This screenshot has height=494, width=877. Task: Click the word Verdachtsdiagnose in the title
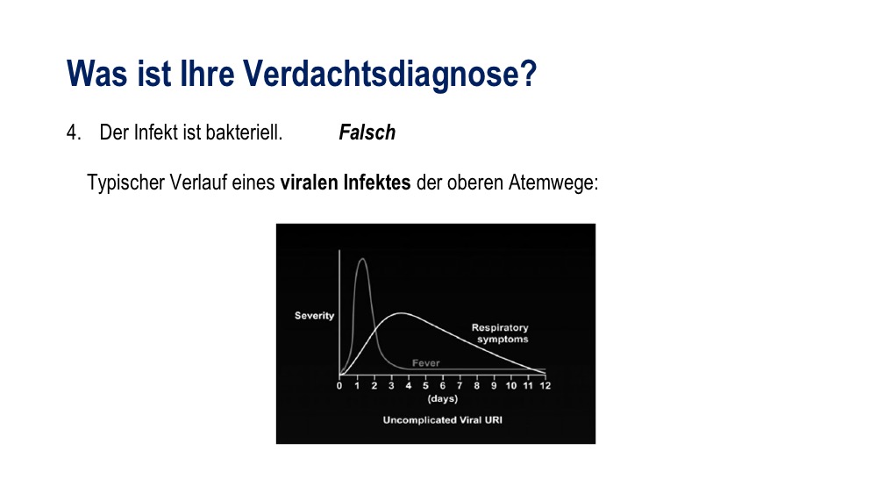click(389, 74)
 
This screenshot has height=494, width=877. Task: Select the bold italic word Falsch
click(367, 132)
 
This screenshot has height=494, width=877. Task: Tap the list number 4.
click(74, 132)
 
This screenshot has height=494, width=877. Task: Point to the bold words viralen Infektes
click(345, 183)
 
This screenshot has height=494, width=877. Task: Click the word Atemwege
click(553, 183)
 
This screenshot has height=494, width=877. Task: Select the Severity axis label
click(314, 316)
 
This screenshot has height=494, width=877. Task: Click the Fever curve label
click(425, 363)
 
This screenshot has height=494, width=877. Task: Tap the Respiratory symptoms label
click(501, 333)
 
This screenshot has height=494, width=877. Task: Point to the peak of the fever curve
click(362, 259)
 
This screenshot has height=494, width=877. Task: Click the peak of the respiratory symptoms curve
click(401, 313)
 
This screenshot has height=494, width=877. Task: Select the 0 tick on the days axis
click(339, 385)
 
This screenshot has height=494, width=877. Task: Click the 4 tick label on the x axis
click(409, 385)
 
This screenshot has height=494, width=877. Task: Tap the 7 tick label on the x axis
click(460, 385)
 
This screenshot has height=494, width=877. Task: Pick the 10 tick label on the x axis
click(511, 385)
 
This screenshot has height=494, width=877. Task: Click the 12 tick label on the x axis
click(545, 385)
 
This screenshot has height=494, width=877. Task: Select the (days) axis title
click(442, 399)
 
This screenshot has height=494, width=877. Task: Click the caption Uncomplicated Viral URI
click(442, 420)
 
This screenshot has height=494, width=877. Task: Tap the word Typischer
click(126, 183)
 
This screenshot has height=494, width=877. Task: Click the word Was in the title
click(96, 74)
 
